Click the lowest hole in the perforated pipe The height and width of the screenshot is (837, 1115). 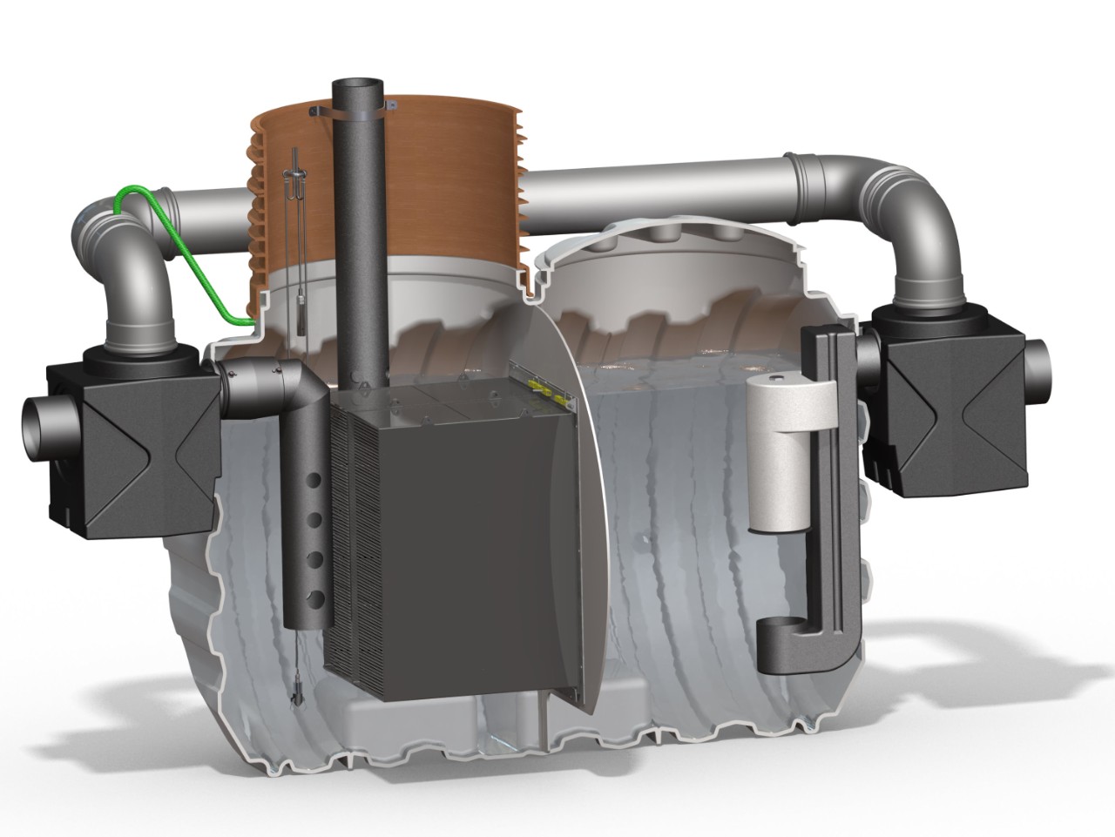point(316,597)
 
